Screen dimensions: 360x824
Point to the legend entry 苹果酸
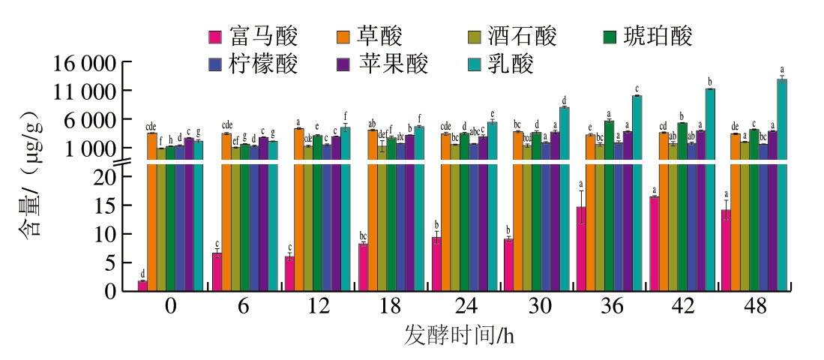click(393, 64)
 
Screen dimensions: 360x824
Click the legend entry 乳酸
click(510, 64)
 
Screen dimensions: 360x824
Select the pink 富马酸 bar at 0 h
click(142, 286)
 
